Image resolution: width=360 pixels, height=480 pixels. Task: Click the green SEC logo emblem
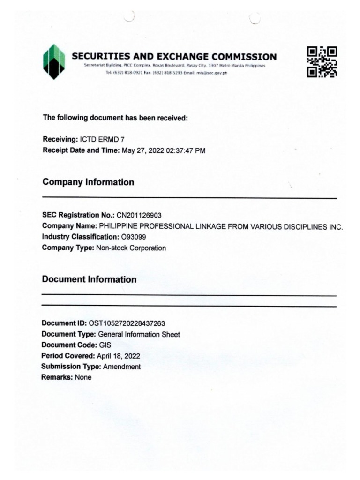[x=54, y=61]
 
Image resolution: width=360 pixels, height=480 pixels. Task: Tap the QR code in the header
[x=322, y=62]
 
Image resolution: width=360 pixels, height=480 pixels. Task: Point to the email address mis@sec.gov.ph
[x=212, y=74]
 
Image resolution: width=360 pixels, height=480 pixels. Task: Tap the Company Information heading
[x=88, y=182]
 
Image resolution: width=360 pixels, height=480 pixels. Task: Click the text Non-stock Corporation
[x=131, y=248]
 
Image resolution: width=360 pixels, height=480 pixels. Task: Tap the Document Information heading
[x=89, y=279]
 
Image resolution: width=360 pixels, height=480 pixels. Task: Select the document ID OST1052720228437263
[x=123, y=323]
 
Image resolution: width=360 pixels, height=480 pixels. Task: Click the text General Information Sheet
[x=138, y=334]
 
